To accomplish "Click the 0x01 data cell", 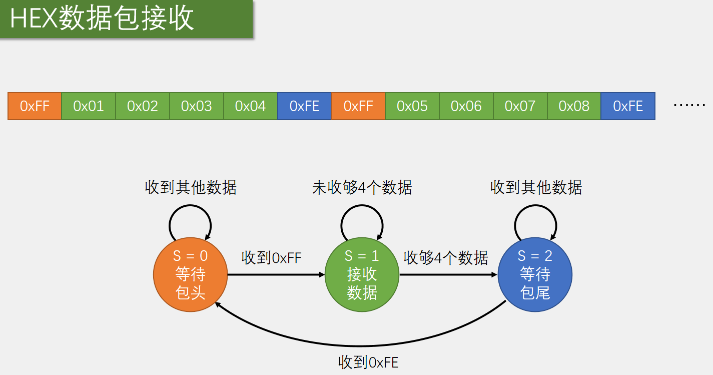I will click(x=89, y=106).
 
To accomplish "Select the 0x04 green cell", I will click(x=250, y=106).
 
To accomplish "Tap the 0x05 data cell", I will click(x=412, y=106).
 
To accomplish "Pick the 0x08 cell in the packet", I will click(x=574, y=106).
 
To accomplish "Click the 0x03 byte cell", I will click(x=196, y=106).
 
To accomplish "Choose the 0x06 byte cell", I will click(x=466, y=106).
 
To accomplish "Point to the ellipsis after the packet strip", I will click(x=689, y=106).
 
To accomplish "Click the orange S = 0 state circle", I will click(x=190, y=274).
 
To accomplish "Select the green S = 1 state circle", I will click(x=362, y=274).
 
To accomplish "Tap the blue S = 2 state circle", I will click(x=535, y=274).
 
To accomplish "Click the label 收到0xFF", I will click(x=272, y=258).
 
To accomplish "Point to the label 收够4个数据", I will click(x=446, y=258).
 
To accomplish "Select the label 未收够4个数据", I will click(x=362, y=188).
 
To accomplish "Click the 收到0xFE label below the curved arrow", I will click(x=368, y=362).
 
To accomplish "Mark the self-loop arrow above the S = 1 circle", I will click(x=362, y=209).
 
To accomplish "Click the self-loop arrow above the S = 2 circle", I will click(x=535, y=209).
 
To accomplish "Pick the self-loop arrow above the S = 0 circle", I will click(x=190, y=209).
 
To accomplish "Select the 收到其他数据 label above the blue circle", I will click(x=536, y=188).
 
